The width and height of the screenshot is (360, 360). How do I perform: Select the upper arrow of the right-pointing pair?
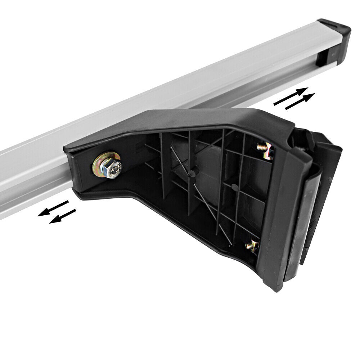coord(291,96)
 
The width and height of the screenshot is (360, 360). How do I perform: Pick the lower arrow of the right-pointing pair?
coord(300,101)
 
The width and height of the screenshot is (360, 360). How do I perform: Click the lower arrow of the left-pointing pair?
coord(63,216)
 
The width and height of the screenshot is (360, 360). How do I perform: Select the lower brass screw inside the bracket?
coord(252,246)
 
